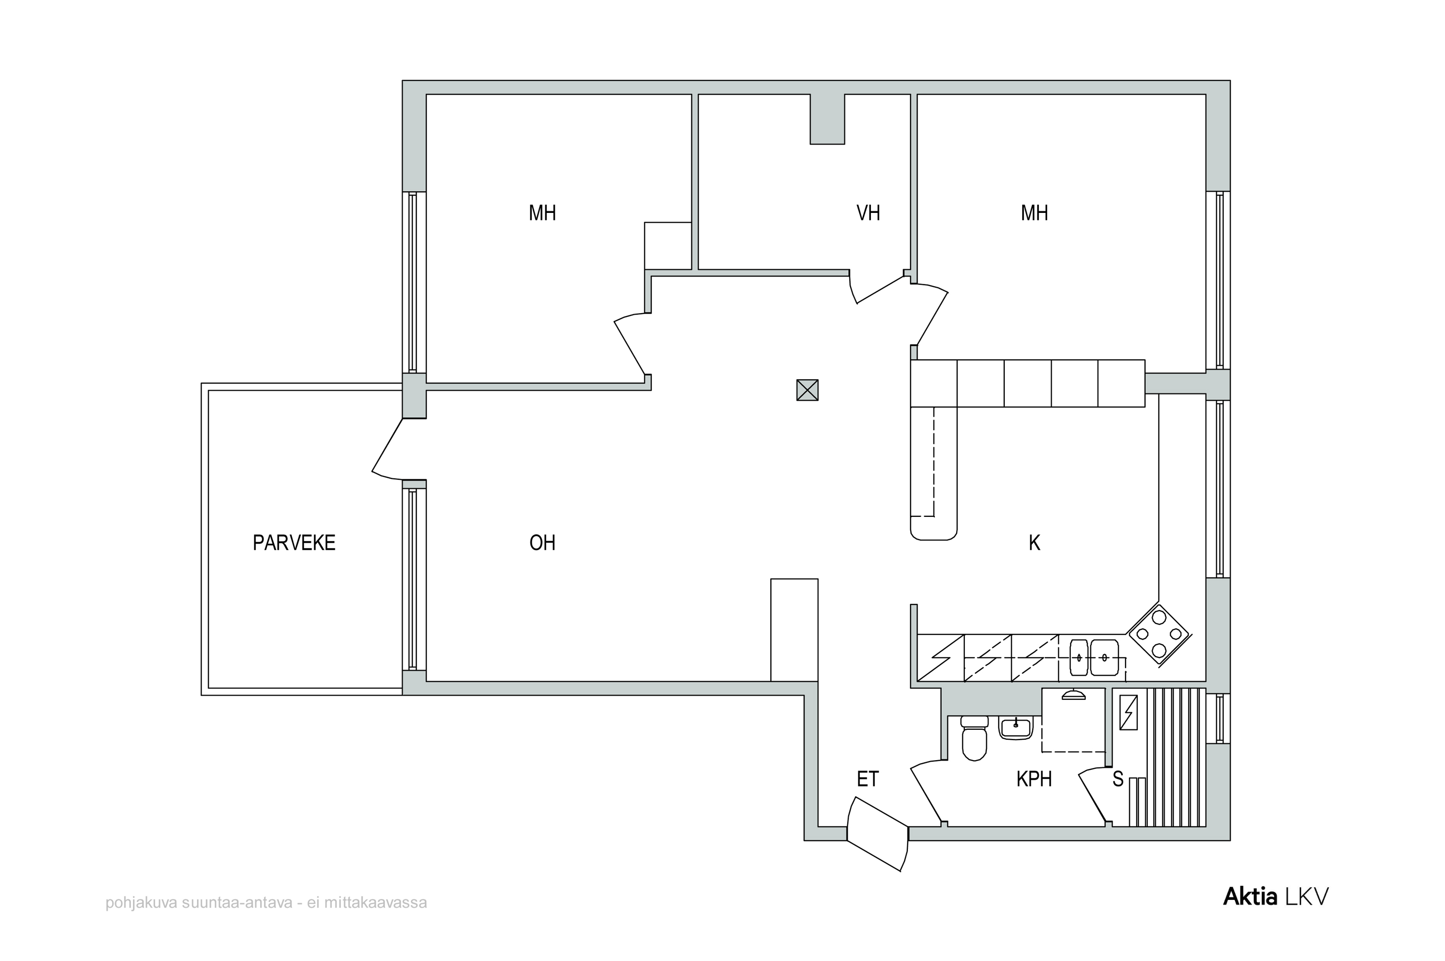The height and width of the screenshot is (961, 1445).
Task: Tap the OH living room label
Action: tap(542, 542)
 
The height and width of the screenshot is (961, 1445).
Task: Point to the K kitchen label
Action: tap(1035, 542)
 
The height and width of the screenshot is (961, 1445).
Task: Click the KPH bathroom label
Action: tap(1035, 779)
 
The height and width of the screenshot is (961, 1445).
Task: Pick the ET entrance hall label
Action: tap(868, 779)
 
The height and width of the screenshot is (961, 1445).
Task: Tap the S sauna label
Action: tap(1118, 779)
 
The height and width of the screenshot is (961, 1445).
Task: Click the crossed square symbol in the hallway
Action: tap(807, 390)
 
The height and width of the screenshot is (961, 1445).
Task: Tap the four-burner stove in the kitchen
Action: tap(1159, 634)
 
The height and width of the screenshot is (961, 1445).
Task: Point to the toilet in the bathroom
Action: tap(974, 738)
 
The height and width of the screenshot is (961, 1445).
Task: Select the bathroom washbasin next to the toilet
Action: tap(1016, 727)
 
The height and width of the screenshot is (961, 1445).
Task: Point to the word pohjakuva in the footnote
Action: tap(142, 903)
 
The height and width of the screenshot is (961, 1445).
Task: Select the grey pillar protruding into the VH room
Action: tap(828, 119)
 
